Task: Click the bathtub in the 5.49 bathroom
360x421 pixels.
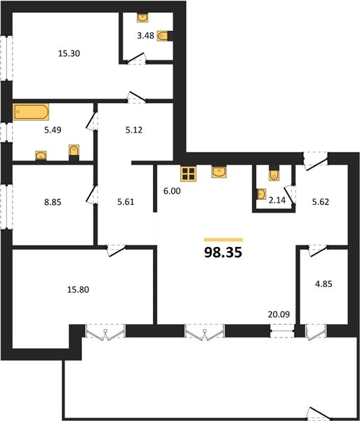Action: pos(31,112)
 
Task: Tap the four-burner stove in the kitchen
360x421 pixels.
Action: pos(189,173)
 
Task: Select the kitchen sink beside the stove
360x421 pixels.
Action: pos(219,172)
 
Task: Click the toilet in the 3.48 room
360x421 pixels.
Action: pos(164,36)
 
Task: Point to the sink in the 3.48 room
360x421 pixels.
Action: pos(142,18)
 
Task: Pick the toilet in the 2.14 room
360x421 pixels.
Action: pos(274,175)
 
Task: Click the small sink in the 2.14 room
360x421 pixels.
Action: pos(262,194)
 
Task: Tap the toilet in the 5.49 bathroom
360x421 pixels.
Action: pos(74,151)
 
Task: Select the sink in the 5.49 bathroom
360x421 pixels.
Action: pos(41,156)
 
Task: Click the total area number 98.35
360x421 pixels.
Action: pos(223,253)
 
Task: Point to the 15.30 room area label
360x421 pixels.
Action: pos(69,53)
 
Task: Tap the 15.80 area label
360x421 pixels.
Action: pos(78,290)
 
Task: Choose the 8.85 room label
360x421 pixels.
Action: pos(53,202)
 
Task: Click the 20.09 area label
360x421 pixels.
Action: pos(279,314)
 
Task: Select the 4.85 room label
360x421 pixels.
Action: pos(324,283)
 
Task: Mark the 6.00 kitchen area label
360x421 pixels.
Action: pos(172,191)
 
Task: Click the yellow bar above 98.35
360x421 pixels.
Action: pos(223,240)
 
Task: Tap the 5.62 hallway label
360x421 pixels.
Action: pos(321,201)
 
